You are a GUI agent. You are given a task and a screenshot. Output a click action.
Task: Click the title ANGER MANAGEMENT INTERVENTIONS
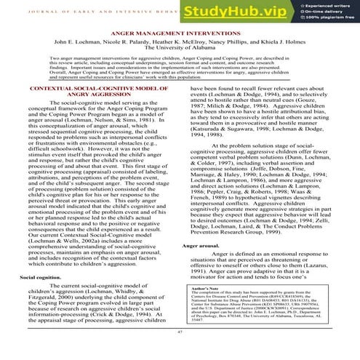180,33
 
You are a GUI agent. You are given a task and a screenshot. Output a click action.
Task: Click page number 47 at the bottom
180,332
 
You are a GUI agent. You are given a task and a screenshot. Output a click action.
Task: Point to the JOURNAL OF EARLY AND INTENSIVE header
102,9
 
